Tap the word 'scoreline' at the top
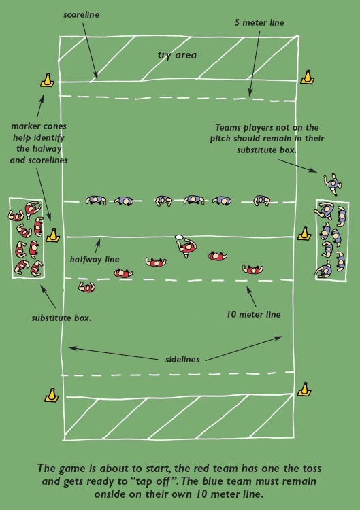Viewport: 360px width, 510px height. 82,14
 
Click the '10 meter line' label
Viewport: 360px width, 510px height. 253,315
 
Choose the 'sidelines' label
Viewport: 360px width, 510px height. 181,358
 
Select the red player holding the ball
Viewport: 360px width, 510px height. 187,249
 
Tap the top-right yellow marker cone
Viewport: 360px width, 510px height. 308,76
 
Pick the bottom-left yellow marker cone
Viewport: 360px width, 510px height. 48,394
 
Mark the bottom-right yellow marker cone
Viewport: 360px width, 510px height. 305,389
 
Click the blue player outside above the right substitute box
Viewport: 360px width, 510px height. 331,182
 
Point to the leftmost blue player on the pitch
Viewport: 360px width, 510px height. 95,200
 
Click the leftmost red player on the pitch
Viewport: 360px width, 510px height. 86,286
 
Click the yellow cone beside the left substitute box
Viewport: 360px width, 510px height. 52,235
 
